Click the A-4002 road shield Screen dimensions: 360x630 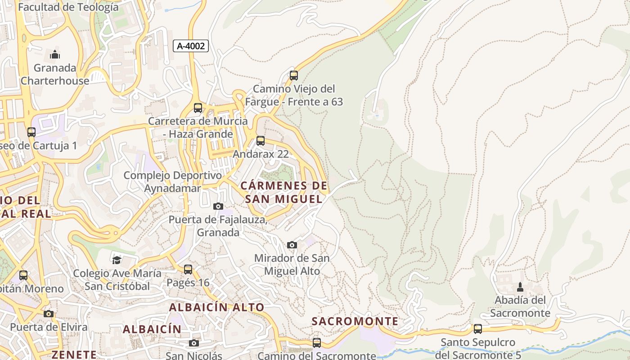tap(191, 45)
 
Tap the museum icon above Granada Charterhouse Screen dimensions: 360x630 tap(55, 54)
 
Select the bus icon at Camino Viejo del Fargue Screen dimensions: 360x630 tap(294, 75)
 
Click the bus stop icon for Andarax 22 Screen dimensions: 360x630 tap(261, 141)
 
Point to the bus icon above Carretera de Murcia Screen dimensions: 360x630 tap(198, 108)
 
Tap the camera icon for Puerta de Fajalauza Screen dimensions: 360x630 tap(218, 206)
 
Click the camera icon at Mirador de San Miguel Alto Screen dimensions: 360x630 tap(292, 245)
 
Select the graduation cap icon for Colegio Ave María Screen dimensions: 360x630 tap(117, 260)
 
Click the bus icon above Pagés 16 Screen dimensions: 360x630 tap(188, 270)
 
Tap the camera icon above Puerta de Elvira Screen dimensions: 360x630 tap(49, 314)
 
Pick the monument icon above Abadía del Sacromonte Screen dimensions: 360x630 tap(520, 287)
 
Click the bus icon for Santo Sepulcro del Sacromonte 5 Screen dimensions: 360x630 tap(478, 329)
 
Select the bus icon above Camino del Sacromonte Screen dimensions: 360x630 tap(317, 343)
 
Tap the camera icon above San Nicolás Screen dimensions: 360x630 tap(194, 343)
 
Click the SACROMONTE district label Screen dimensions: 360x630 tap(355, 321)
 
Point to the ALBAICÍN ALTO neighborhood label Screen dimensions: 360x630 tap(216, 307)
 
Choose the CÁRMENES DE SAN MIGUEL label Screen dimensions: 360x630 tap(284, 192)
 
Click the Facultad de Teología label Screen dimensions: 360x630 tap(68, 7)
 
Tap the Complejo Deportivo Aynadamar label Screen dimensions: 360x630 tap(173, 182)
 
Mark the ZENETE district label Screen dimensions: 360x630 tap(74, 355)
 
